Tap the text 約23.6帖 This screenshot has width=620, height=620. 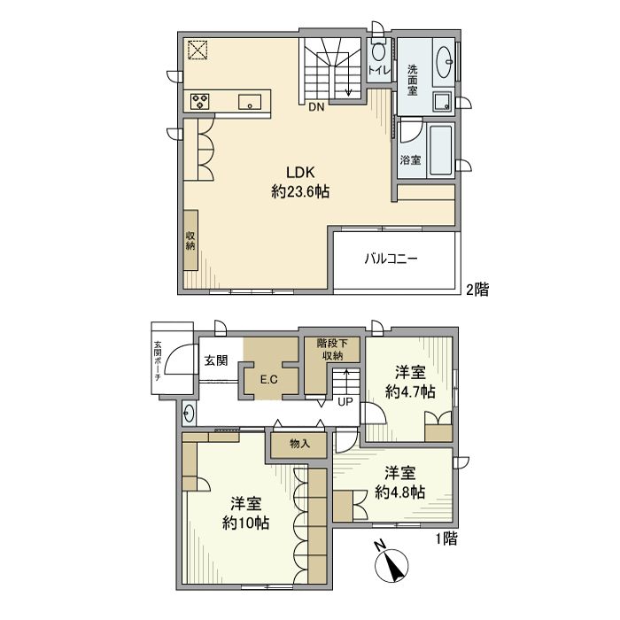(x=299, y=191)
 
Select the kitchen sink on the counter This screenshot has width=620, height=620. (x=250, y=101)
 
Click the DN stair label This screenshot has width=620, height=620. (x=316, y=109)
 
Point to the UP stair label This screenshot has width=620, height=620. (x=345, y=401)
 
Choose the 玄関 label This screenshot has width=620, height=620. (x=216, y=360)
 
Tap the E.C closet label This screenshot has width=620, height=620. (x=269, y=380)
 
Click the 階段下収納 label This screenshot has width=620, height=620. (x=333, y=350)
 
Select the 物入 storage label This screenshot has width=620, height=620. (x=299, y=444)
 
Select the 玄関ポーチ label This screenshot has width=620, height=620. (x=158, y=360)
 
